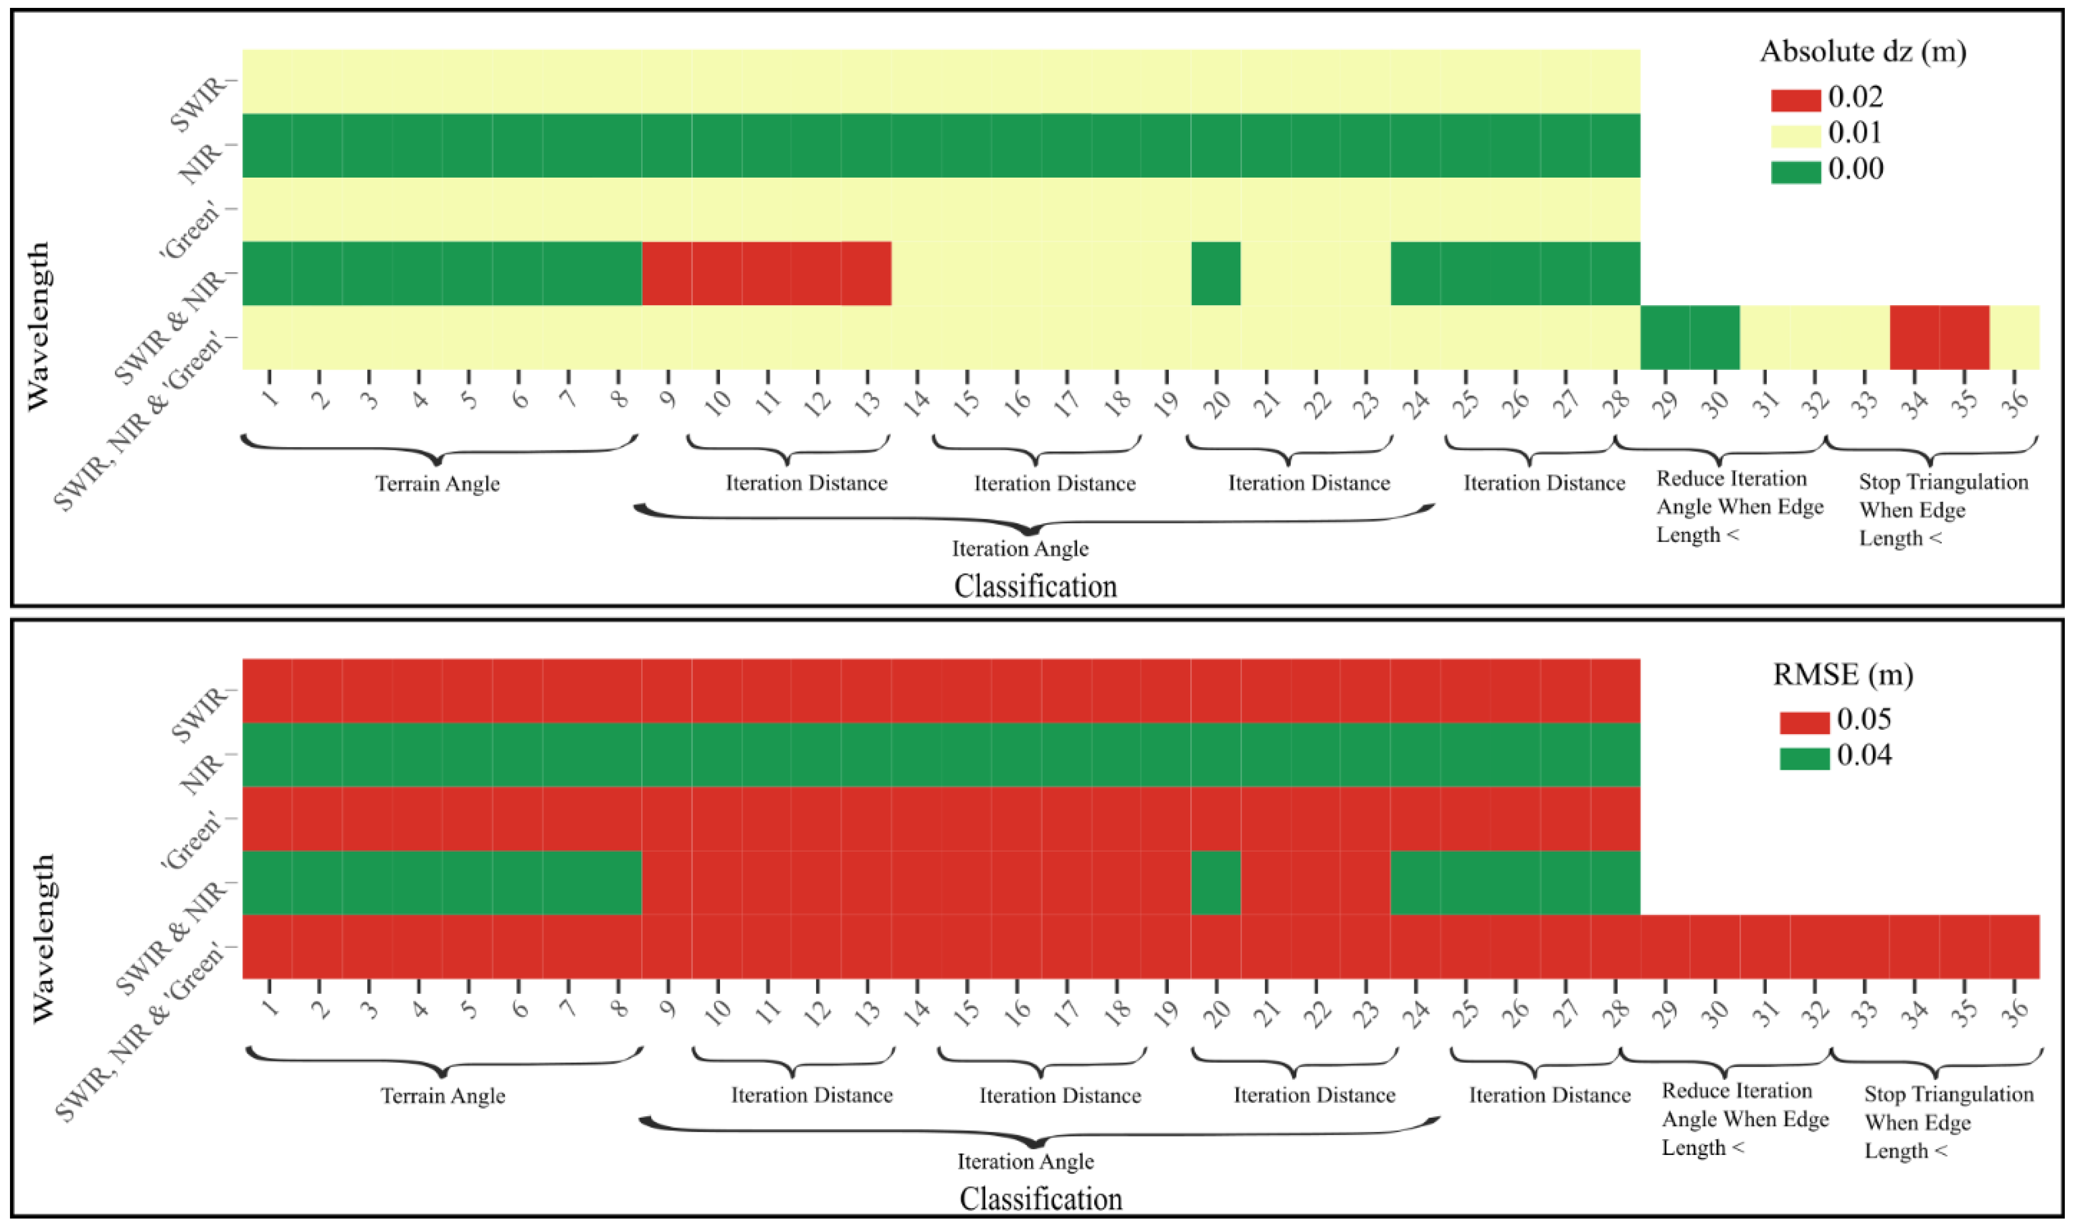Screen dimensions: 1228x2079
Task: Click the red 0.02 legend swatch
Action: coord(1795,100)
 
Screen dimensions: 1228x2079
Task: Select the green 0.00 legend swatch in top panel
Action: coord(1795,171)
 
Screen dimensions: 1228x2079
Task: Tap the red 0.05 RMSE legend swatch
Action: coord(1804,723)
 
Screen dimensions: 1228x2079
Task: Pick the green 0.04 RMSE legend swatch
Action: coord(1804,758)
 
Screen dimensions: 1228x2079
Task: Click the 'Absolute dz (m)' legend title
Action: coord(1862,51)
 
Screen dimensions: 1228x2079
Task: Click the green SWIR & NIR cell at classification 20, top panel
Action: coord(1216,273)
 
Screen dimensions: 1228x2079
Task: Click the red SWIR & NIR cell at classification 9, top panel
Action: coord(666,273)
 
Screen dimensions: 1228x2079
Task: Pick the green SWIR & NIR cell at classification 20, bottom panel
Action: coord(1216,882)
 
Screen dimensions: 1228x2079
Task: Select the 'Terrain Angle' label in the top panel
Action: coord(437,484)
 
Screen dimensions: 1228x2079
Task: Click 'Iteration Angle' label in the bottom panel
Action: coord(1025,1162)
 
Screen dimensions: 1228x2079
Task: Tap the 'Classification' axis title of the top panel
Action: coord(1035,587)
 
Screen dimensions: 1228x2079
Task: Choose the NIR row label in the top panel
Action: coord(202,163)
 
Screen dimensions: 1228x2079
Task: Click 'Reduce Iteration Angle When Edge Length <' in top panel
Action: coord(1739,507)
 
